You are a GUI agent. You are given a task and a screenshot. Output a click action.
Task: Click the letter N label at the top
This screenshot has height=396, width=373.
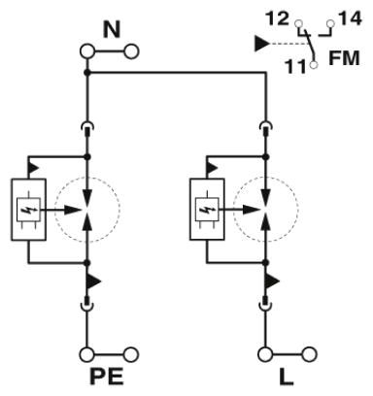[x=112, y=29]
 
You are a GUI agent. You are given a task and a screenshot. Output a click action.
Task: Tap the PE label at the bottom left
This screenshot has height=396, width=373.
[x=106, y=377]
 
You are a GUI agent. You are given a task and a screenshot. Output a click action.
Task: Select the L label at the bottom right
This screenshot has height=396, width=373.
[x=286, y=377]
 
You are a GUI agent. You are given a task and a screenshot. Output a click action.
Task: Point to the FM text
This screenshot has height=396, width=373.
[x=344, y=58]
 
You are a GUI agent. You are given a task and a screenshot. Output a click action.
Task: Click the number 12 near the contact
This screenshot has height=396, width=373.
[x=277, y=18]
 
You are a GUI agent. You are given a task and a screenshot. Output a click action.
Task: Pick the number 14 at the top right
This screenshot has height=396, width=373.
[x=350, y=18]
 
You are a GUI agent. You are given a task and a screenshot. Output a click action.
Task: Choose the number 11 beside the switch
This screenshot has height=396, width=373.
[x=295, y=67]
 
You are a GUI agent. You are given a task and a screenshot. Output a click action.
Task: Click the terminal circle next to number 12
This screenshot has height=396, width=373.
[x=298, y=23]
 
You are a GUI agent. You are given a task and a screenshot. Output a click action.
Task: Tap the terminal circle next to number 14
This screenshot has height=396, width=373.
[x=330, y=23]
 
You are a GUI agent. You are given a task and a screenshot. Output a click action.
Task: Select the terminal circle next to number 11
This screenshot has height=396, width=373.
[x=314, y=65]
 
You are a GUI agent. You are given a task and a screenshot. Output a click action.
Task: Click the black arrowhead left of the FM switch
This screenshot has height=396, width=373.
[x=261, y=44]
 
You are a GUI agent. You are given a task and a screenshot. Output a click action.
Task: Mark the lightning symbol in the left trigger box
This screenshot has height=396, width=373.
[x=27, y=210]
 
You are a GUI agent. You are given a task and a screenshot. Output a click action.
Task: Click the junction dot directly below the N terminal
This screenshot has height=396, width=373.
[x=86, y=73]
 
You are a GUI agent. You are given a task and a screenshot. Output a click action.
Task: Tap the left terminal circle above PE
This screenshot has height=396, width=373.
[x=86, y=354]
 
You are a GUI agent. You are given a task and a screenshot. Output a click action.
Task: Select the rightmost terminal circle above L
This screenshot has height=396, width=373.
[x=310, y=354]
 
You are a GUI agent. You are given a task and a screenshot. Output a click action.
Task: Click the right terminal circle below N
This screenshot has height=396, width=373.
[x=131, y=51]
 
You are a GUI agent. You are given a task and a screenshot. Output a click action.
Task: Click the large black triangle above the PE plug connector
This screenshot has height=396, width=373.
[x=93, y=281]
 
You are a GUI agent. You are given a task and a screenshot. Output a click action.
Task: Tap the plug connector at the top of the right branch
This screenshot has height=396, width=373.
[x=266, y=128]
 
